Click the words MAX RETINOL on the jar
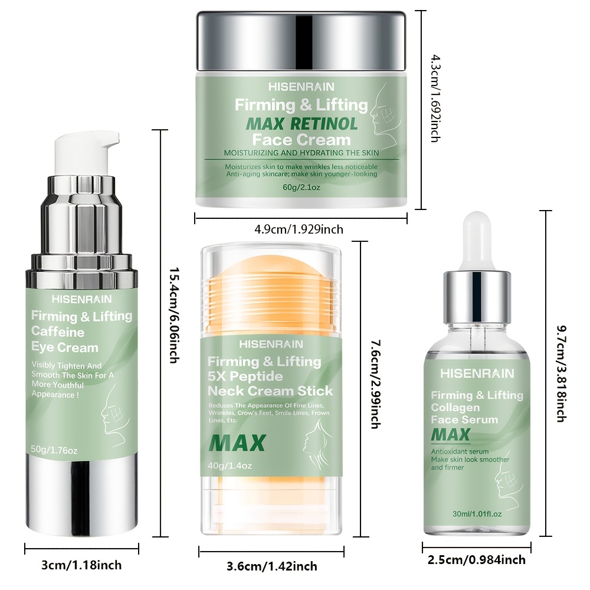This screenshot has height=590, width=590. (301, 124)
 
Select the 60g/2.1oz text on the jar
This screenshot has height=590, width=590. (301, 187)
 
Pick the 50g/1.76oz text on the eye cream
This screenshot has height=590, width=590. (54, 450)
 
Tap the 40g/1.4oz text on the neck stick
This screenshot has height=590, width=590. (230, 466)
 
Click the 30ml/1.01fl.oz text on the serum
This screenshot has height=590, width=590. (477, 514)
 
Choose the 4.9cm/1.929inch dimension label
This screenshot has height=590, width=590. (299, 229)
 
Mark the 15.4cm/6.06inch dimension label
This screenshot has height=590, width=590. (173, 315)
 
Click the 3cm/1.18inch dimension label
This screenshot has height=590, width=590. (81, 565)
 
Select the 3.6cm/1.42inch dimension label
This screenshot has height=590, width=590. (271, 566)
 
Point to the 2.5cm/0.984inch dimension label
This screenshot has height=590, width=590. (476, 559)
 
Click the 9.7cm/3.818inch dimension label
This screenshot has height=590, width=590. (562, 373)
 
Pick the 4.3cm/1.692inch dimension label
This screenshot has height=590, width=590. (435, 98)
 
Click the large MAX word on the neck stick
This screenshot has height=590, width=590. (237, 443)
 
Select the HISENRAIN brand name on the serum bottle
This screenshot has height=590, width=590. (477, 373)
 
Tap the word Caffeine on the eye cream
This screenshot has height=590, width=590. (58, 332)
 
